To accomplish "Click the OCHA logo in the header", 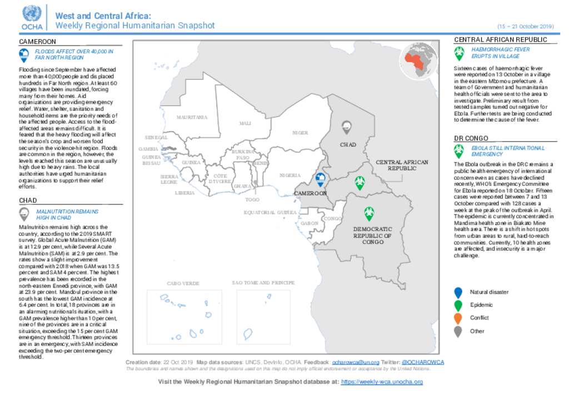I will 32,17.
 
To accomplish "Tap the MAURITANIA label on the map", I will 192,118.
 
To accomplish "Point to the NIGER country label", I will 300,133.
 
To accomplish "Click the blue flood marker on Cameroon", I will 320,179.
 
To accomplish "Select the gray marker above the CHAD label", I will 347,127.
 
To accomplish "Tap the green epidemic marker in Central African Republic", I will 360,183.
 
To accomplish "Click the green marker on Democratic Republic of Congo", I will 368,213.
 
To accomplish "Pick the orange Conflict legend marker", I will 458,318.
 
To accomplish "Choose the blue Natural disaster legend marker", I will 458,293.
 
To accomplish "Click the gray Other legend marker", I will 458,331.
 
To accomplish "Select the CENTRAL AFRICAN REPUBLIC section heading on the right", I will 501,40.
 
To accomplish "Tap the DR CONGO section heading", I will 471,138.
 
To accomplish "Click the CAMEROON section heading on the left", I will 38,42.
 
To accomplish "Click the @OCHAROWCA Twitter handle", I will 422,362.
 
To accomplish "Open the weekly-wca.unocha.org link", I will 382,382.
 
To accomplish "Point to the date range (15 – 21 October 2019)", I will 525,27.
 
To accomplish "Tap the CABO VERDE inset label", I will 183,284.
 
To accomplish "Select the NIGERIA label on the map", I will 290,175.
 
